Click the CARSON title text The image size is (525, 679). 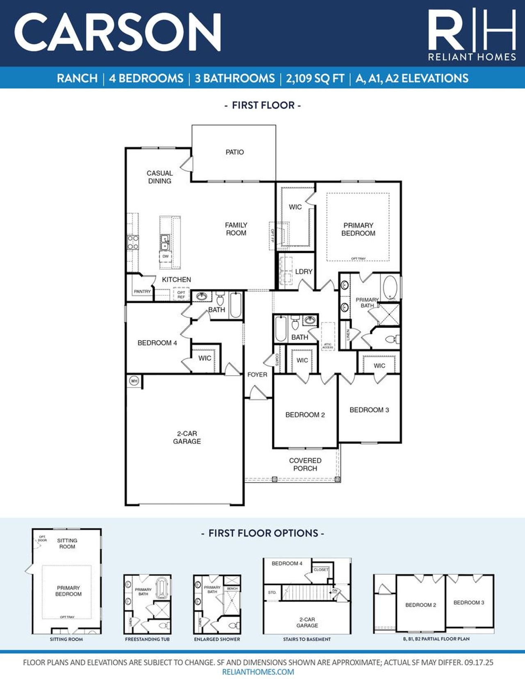(x=118, y=32)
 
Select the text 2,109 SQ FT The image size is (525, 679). (x=315, y=78)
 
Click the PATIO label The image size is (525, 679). (x=235, y=152)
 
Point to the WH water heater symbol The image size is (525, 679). (x=134, y=381)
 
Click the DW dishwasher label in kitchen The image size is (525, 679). (x=165, y=257)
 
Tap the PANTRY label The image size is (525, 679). (x=142, y=291)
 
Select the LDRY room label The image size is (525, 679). (x=304, y=272)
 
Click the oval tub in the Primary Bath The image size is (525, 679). (x=389, y=288)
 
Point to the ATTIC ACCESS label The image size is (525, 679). (x=328, y=346)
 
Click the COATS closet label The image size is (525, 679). (x=277, y=360)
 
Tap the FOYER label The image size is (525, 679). (x=257, y=375)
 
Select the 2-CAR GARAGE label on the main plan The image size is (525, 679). (x=187, y=437)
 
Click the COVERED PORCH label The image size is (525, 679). (x=305, y=464)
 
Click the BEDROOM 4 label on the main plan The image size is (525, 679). (x=157, y=343)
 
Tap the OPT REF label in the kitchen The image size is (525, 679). (x=181, y=294)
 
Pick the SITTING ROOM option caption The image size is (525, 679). (x=66, y=639)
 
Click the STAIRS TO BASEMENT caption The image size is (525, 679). (x=307, y=639)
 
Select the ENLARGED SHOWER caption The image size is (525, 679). (x=217, y=639)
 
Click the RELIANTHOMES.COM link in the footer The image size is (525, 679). (x=258, y=672)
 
